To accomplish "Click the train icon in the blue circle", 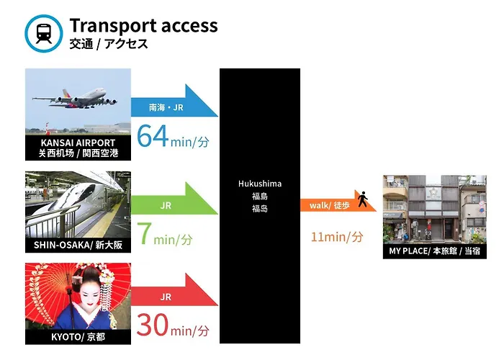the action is click(44, 33).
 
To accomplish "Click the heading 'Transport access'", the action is click(144, 26).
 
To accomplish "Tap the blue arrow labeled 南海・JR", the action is click(174, 100).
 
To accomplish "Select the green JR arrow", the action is click(174, 198).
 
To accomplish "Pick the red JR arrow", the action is click(174, 289).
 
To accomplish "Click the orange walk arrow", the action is click(338, 201).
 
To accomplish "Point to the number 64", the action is click(153, 136).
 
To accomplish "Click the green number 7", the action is click(144, 234).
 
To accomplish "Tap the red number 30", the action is click(153, 325).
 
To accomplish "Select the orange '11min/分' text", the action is click(337, 237).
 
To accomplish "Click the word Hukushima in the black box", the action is click(260, 184).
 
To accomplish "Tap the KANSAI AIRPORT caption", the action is click(78, 148).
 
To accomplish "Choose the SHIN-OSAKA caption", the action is click(78, 246).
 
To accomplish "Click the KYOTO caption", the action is click(78, 337).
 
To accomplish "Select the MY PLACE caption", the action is click(435, 251).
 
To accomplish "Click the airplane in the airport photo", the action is click(75, 99).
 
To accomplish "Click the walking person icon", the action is click(363, 199).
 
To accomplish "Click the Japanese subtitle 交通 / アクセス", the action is click(109, 44).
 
